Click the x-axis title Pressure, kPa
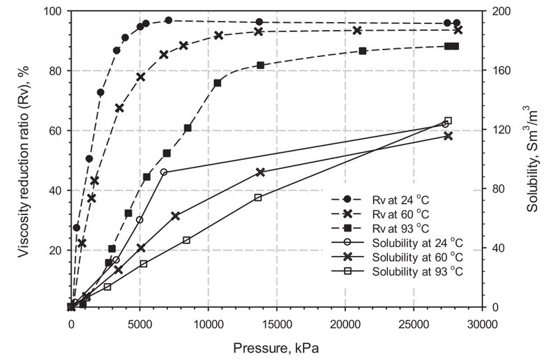[x=276, y=346]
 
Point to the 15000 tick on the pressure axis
[x=276, y=324]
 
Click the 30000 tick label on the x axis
[x=481, y=324]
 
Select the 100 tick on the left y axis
[x=54, y=12]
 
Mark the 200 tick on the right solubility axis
[x=499, y=12]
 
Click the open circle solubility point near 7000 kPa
[x=164, y=172]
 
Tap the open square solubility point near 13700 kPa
[x=258, y=197]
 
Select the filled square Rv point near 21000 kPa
[x=363, y=51]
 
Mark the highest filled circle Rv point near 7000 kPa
[x=168, y=20]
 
